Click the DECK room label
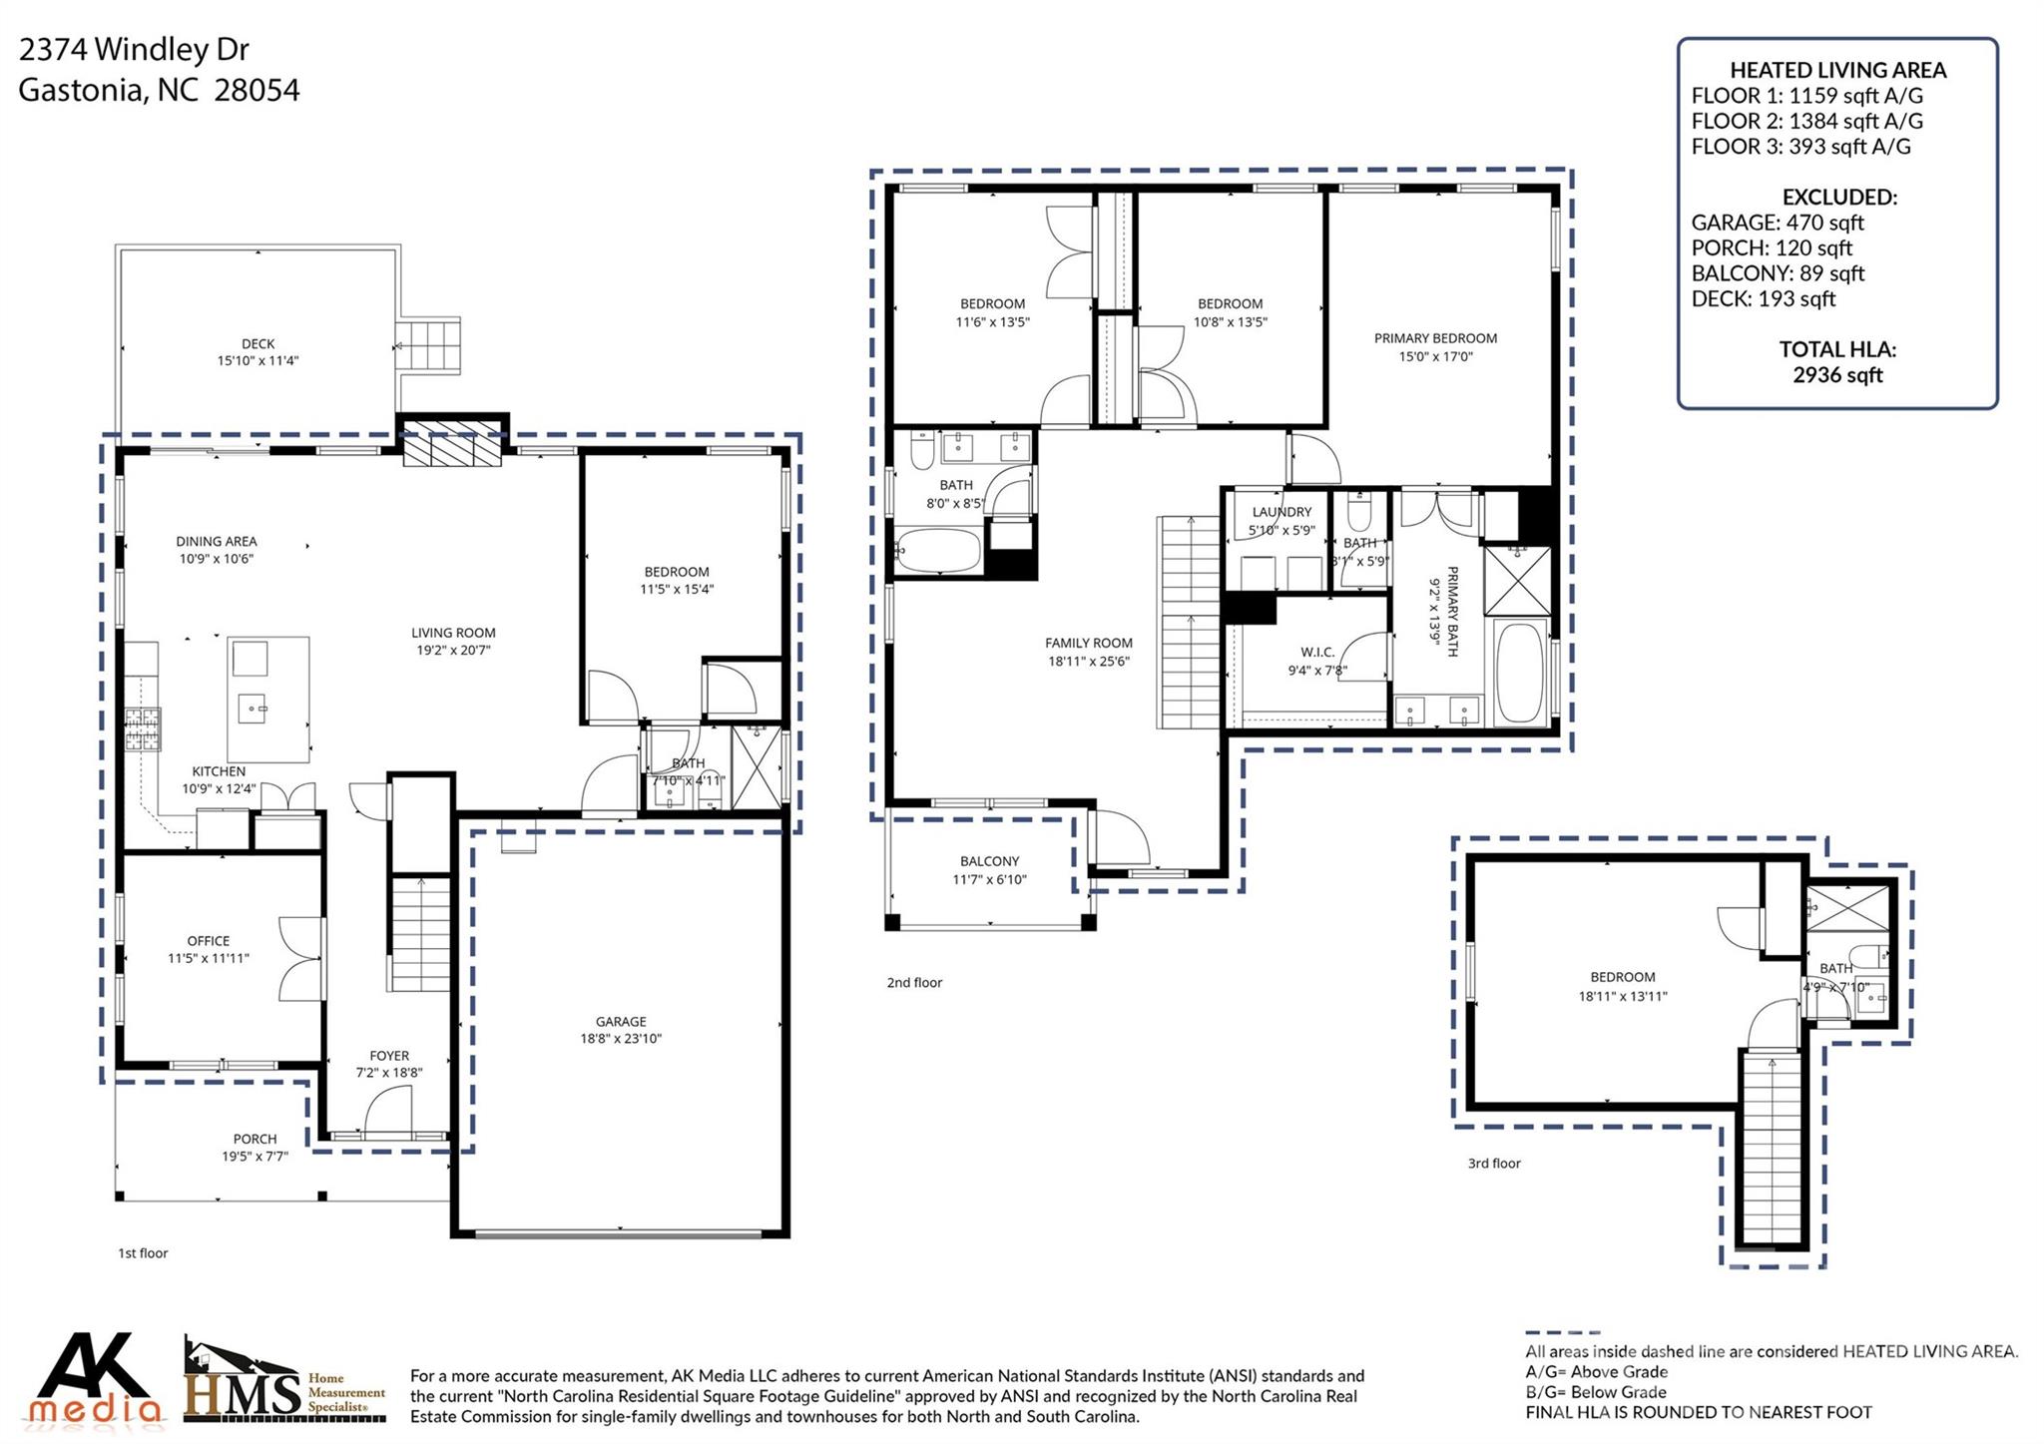coord(257,343)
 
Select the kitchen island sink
coord(253,710)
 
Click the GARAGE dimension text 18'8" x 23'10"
coord(622,1039)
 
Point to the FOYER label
coord(389,1056)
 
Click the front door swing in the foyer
coord(388,1113)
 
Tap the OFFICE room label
coord(208,941)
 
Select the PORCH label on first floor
coord(255,1139)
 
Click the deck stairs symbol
coord(429,345)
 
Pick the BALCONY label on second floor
coord(989,861)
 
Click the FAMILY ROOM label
coord(1088,644)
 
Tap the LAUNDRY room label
coord(1281,512)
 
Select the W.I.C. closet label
coord(1317,653)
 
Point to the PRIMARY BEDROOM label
coord(1435,338)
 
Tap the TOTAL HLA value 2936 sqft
coord(1836,375)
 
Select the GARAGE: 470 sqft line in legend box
coord(1777,223)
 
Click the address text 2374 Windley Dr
coord(134,49)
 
